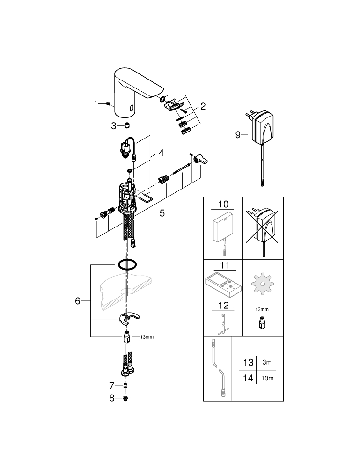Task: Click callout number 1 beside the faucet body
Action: pyautogui.click(x=96, y=103)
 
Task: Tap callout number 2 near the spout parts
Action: pyautogui.click(x=203, y=106)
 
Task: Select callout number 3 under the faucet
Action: pyautogui.click(x=114, y=125)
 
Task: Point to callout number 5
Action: pyautogui.click(x=162, y=213)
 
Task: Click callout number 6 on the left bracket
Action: pyautogui.click(x=78, y=301)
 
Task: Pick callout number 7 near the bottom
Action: pyautogui.click(x=111, y=386)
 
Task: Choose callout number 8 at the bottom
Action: pyautogui.click(x=111, y=398)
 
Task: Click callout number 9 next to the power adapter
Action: pyautogui.click(x=238, y=135)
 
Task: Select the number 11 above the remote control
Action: pyautogui.click(x=224, y=265)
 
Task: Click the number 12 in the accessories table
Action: pyautogui.click(x=224, y=306)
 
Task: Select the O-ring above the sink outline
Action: pyautogui.click(x=127, y=265)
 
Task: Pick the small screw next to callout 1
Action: pyautogui.click(x=109, y=103)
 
